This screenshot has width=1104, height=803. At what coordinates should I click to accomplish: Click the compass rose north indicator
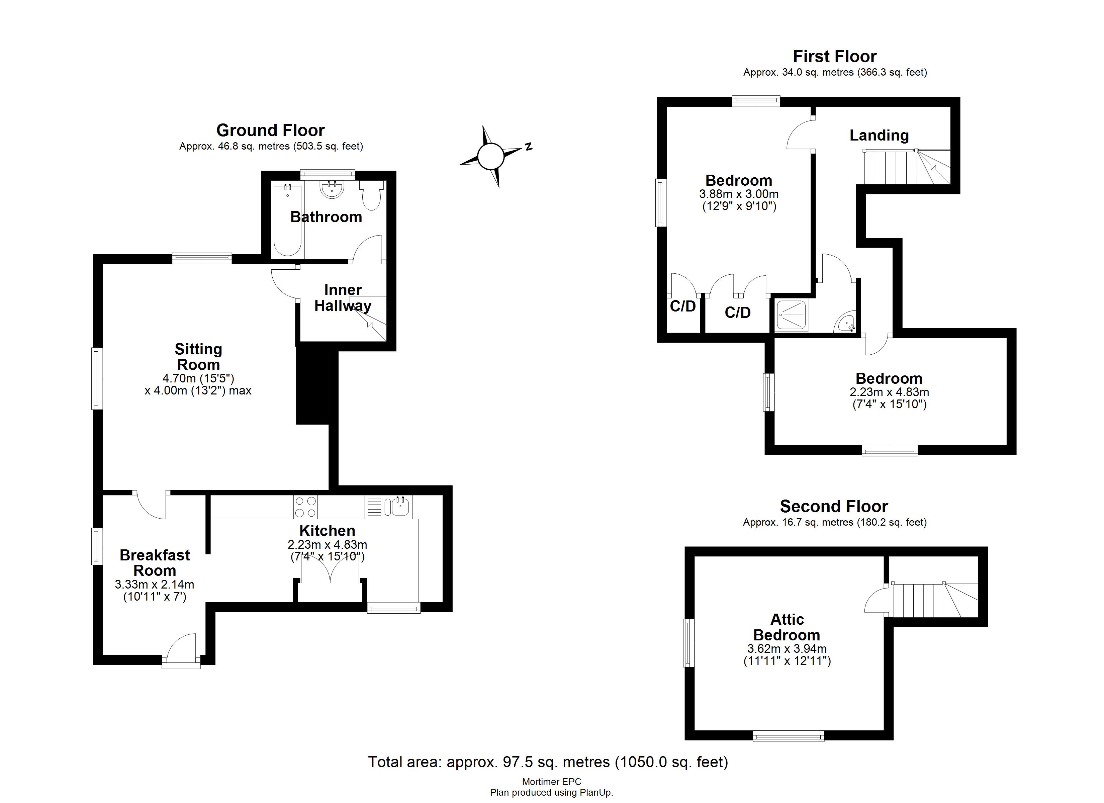[x=528, y=147]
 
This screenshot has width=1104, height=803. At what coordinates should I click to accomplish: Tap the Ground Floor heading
[x=270, y=130]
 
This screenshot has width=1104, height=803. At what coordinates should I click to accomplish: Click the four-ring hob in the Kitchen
[x=305, y=507]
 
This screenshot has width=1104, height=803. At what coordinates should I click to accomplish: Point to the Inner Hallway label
[x=343, y=297]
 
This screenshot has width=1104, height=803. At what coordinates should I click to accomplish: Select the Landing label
[x=879, y=136]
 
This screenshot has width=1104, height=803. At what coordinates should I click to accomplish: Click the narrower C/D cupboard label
[x=682, y=306]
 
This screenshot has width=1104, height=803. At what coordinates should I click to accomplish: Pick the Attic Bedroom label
[x=787, y=627]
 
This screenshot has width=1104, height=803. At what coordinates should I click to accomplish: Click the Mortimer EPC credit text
[x=552, y=782]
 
